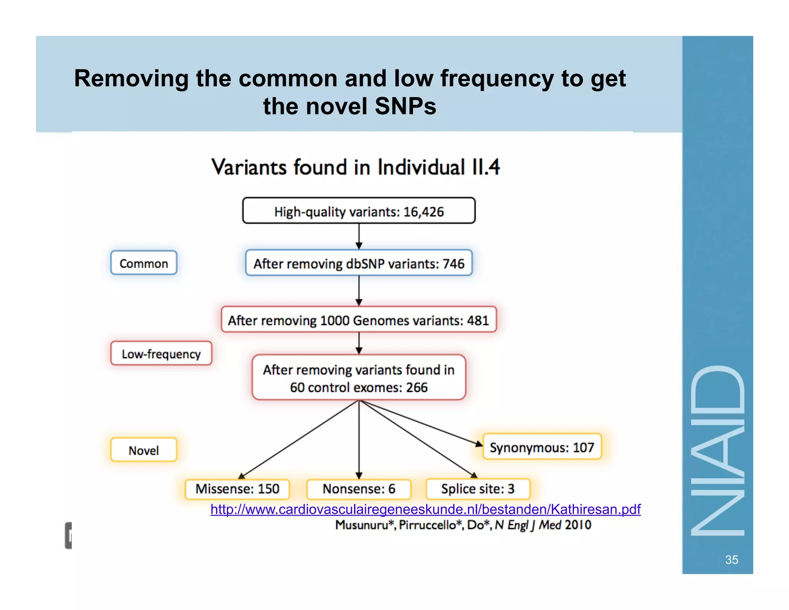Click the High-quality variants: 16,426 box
[359, 211]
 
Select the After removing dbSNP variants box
[359, 263]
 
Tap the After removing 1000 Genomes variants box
[359, 320]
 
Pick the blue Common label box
[144, 263]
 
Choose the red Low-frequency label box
[161, 354]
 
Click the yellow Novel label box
[144, 450]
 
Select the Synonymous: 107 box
[542, 447]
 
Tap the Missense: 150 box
[237, 489]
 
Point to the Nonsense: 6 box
[359, 489]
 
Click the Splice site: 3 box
[478, 489]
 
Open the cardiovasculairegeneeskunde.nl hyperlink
[425, 509]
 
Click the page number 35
[731, 559]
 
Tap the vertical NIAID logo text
[717, 451]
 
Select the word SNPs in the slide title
[405, 106]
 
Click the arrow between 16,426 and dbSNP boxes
[359, 236]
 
